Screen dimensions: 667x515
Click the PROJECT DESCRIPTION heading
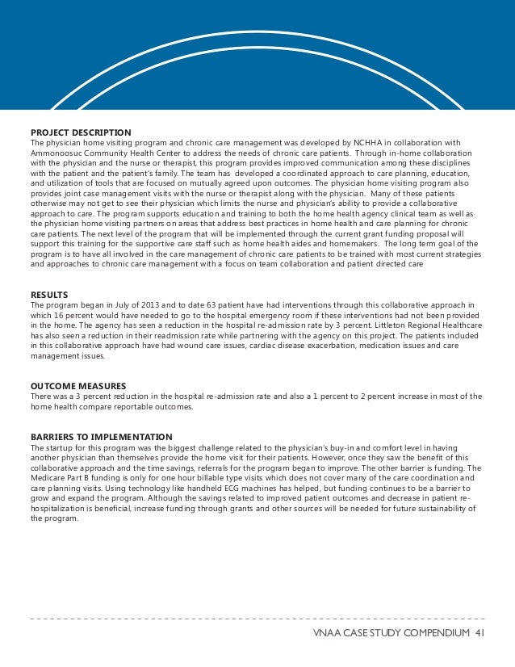tap(81, 132)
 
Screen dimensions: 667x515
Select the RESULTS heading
tap(49, 294)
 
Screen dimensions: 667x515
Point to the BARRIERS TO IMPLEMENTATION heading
tap(101, 437)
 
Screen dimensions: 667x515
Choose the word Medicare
tap(47, 479)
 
